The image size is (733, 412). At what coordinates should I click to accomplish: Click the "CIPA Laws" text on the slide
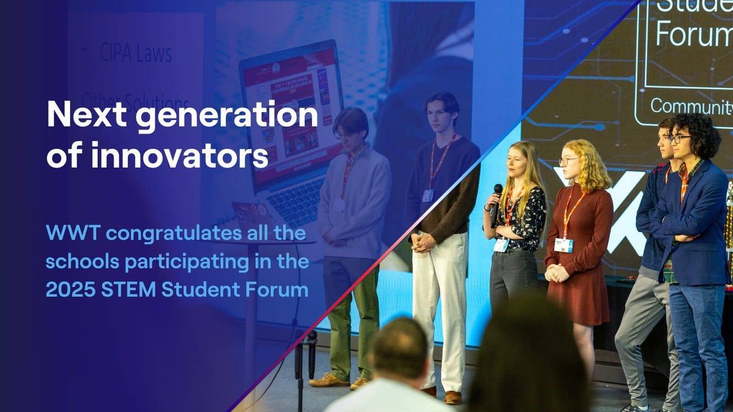136,54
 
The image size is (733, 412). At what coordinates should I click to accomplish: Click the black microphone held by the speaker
497,201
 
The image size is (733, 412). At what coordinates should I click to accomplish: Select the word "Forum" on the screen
693,35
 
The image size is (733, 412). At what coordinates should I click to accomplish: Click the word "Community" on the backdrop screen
691,106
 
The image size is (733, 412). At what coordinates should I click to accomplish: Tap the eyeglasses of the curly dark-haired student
678,139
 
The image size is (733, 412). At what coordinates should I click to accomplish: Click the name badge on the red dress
563,245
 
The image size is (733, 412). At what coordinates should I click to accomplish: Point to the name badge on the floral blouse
501,244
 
